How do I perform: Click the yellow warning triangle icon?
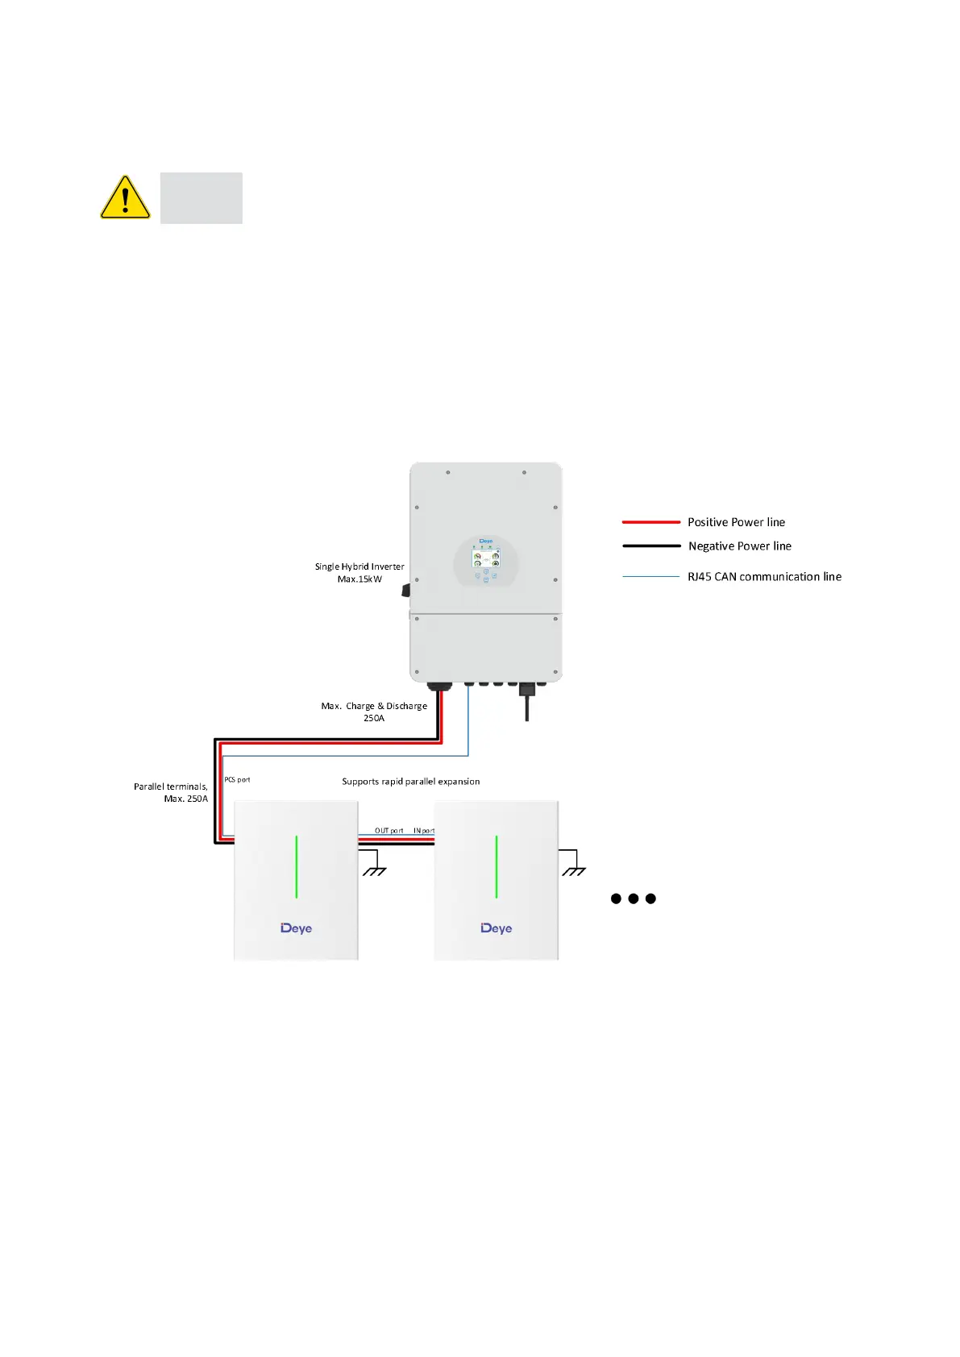[125, 198]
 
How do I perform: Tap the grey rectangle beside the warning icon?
[201, 198]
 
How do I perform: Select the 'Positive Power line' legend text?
[736, 522]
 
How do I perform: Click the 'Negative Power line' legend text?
[739, 546]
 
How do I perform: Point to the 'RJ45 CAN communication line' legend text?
[764, 577]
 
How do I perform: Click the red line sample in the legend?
[651, 522]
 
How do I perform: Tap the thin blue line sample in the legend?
[651, 577]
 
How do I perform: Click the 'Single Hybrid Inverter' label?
[359, 566]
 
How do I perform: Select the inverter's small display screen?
[486, 557]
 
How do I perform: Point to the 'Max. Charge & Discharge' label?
[374, 706]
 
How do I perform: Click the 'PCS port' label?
[237, 780]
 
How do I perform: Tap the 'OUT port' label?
[389, 831]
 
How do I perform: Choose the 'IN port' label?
[424, 831]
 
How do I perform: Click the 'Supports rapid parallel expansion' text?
[410, 782]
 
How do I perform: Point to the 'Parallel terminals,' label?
[171, 786]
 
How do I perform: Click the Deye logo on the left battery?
[296, 928]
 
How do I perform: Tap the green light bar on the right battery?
[497, 867]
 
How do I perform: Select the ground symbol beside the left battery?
[375, 869]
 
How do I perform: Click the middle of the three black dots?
[634, 898]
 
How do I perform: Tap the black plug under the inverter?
[527, 691]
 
